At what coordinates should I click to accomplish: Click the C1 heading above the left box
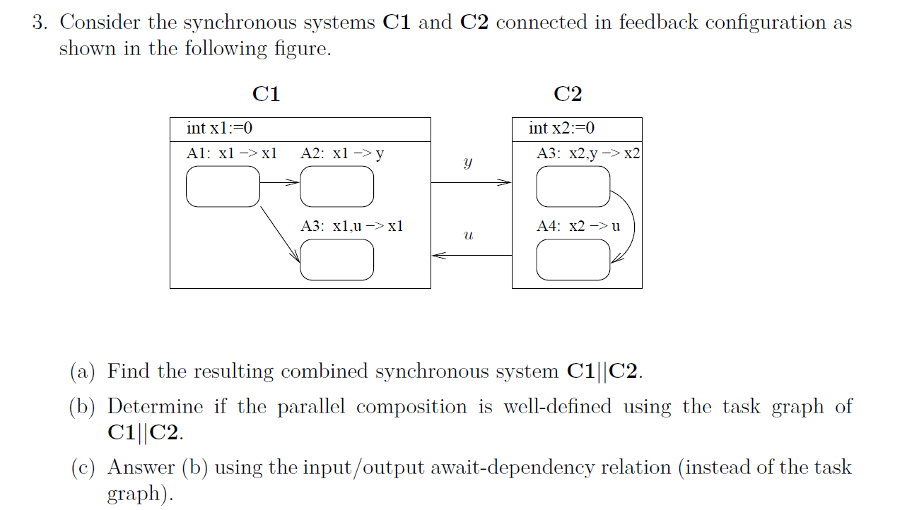(x=266, y=94)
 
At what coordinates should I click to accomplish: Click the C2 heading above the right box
(x=568, y=94)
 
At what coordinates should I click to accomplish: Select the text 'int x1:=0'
(x=219, y=129)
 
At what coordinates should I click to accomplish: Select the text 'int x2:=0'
(x=561, y=129)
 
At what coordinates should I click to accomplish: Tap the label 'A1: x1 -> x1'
(x=231, y=153)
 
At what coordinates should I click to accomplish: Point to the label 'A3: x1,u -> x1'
(x=351, y=226)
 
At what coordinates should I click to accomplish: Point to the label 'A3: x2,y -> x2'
(x=588, y=153)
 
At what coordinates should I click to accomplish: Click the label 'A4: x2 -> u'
(x=578, y=226)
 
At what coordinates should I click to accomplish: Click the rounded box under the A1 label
(x=223, y=186)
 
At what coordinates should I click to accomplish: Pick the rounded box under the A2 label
(x=337, y=186)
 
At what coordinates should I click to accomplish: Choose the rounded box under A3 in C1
(x=337, y=259)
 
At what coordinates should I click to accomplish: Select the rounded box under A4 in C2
(x=573, y=259)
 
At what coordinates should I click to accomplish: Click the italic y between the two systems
(x=467, y=162)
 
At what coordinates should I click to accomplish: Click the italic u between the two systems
(x=467, y=235)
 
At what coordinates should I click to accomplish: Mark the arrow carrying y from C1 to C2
(x=471, y=183)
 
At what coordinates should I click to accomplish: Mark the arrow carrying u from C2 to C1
(x=471, y=256)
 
